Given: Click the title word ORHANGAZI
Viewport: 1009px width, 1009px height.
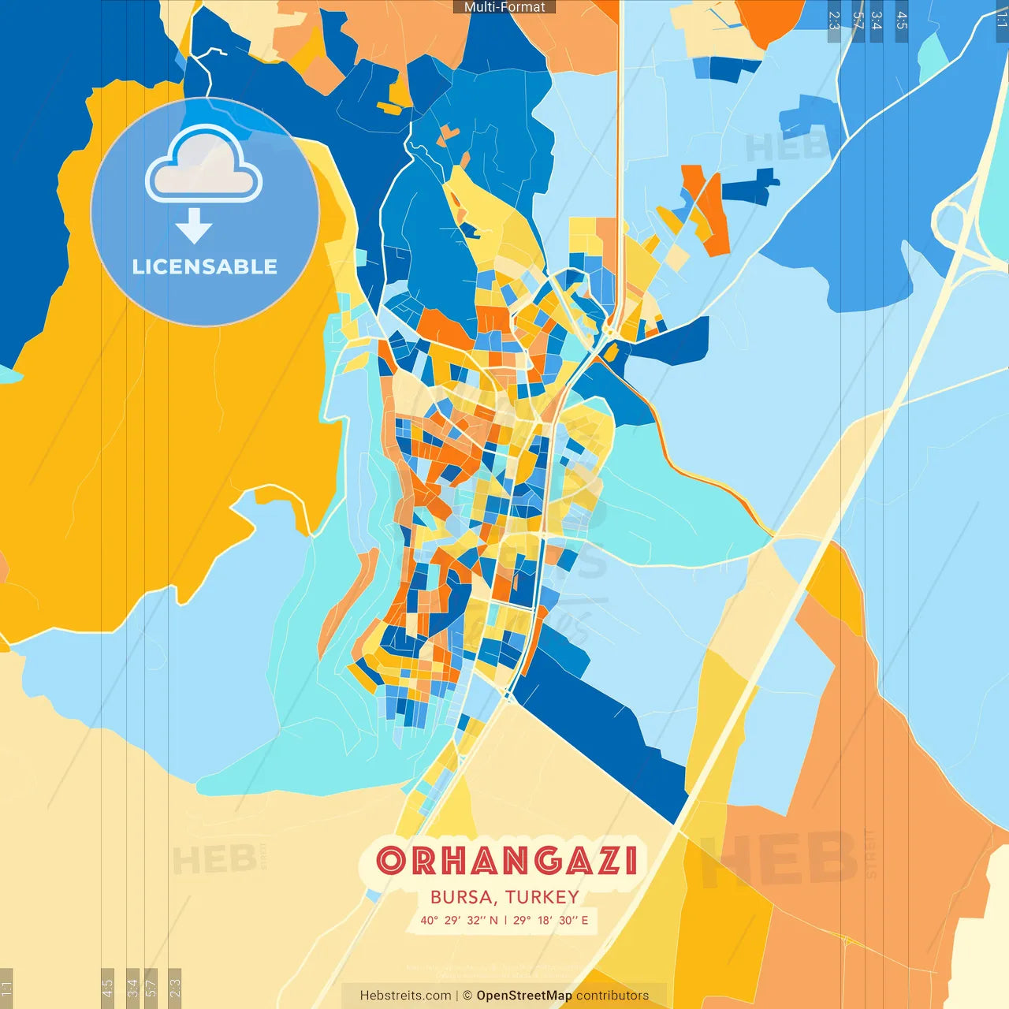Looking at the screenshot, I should click(506, 861).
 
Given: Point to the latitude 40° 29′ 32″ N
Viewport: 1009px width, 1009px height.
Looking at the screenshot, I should click(459, 920).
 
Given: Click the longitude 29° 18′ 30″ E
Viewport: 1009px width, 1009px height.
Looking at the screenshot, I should click(551, 920).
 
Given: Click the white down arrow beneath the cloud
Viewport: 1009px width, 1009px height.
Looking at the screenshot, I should click(194, 225).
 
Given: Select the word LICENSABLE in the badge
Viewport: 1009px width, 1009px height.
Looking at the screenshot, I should click(204, 266).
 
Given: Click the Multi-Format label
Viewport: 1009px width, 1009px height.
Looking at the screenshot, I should click(504, 7).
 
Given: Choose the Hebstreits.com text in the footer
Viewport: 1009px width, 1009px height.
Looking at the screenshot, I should click(405, 996).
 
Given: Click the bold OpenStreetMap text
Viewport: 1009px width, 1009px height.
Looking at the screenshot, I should click(524, 996).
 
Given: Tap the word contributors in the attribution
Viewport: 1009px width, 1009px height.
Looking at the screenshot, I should click(612, 996).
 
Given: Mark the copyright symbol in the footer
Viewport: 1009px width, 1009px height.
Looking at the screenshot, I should click(467, 996).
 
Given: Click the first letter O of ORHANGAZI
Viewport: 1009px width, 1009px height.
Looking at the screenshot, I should click(391, 861).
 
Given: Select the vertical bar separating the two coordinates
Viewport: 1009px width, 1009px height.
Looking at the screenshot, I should click(505, 920).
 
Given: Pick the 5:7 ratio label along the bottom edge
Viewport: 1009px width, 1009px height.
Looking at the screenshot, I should click(151, 988).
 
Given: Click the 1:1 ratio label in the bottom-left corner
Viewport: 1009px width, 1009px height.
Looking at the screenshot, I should click(6, 988).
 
